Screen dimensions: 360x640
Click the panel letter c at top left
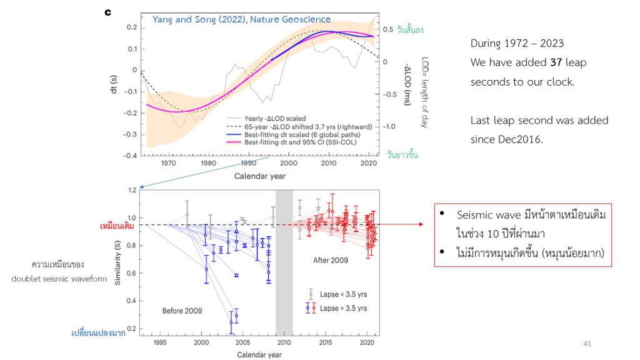[107, 12]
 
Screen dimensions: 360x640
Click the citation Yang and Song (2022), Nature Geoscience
[242, 19]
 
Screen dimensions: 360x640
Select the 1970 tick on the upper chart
[167, 164]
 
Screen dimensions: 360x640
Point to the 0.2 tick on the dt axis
[131, 27]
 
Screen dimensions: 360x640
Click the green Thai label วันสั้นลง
[402, 29]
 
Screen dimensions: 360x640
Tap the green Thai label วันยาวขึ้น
[402, 154]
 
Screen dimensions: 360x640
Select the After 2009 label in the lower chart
[330, 259]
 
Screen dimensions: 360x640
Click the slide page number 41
[586, 343]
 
